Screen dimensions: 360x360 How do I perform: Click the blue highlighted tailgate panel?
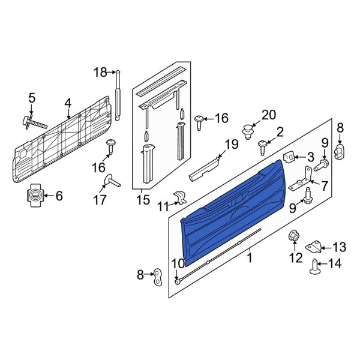pos(233,212)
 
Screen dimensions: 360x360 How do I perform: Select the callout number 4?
pos(68,103)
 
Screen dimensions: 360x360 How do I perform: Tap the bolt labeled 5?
pos(34,123)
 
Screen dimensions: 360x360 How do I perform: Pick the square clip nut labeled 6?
pos(35,196)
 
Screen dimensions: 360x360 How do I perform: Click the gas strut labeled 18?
pos(118,95)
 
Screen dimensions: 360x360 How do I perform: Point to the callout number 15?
pos(143,200)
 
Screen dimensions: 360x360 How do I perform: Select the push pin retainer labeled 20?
pos(248,132)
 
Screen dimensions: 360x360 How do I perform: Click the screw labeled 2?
pos(262,148)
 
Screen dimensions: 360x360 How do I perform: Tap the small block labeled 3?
pos(289,157)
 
